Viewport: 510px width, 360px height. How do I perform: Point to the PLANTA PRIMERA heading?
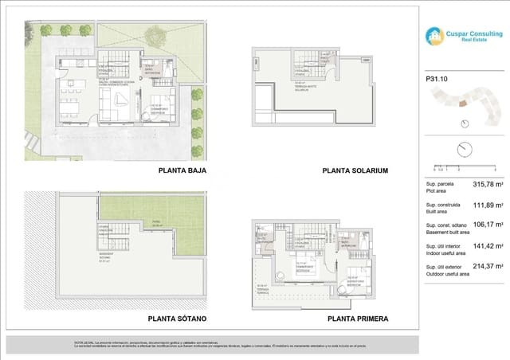(x=358, y=319)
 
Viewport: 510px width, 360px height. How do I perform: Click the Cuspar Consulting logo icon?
(x=434, y=36)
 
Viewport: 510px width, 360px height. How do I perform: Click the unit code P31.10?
(x=437, y=78)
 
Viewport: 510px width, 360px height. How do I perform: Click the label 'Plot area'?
(x=437, y=192)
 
